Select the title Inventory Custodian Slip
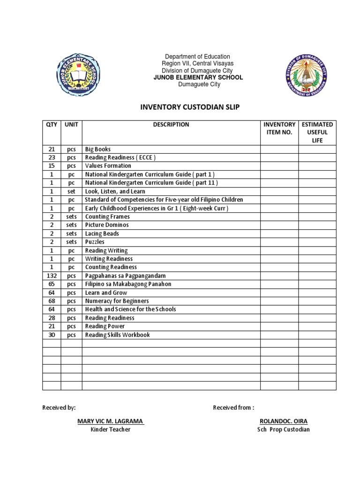[x=190, y=107]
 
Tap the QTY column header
[x=52, y=125]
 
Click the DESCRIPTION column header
[x=171, y=125]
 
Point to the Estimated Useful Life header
[x=317, y=132]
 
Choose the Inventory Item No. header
[x=279, y=128]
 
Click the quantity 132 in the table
[x=52, y=276]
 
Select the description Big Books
[x=97, y=150]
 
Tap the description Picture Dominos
[x=107, y=225]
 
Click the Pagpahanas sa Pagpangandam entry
[x=125, y=276]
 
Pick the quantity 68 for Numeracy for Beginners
[x=52, y=301]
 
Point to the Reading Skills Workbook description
[x=117, y=335]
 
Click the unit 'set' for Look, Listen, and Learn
[x=71, y=191]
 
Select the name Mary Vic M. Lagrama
[x=110, y=421]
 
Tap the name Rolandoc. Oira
[x=283, y=421]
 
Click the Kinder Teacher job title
[x=110, y=429]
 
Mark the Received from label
[x=233, y=408]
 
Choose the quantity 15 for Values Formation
[x=52, y=166]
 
